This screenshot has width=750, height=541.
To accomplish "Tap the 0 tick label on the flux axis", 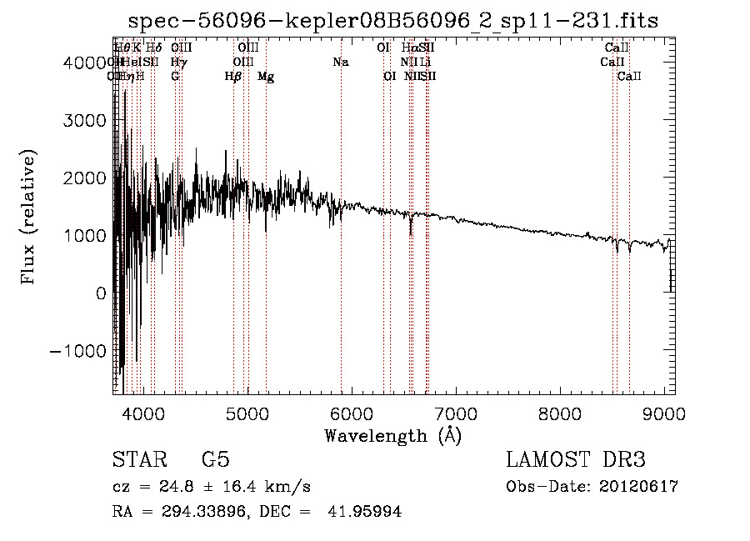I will (x=100, y=293).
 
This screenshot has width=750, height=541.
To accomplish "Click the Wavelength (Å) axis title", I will (x=392, y=435).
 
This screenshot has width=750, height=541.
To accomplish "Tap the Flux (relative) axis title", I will (x=28, y=218).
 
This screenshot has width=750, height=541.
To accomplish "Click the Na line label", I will (x=340, y=63).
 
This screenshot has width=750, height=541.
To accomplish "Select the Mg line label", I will (x=266, y=77).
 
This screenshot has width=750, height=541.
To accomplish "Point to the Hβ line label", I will (x=233, y=77).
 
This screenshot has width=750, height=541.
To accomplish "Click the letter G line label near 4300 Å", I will (x=175, y=77).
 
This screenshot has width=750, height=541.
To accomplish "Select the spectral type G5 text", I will (x=215, y=460).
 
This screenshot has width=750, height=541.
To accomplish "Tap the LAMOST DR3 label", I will (x=576, y=460).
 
